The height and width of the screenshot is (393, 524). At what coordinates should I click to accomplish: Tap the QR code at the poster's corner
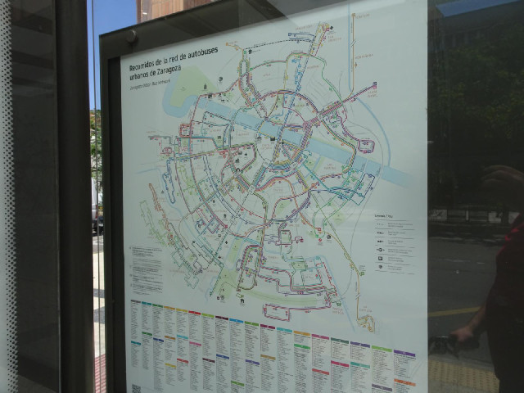pos(136,388)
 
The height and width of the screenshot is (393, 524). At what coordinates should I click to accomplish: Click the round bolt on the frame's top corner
pos(132,37)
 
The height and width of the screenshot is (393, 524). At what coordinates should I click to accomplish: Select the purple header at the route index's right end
pos(404,353)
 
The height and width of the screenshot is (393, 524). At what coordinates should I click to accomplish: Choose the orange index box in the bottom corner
pos(404,383)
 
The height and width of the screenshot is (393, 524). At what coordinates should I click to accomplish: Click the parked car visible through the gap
pos(98,221)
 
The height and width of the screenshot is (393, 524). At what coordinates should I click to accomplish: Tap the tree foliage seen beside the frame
pos(96,147)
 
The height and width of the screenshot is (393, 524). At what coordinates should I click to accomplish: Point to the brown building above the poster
pos(168,8)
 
